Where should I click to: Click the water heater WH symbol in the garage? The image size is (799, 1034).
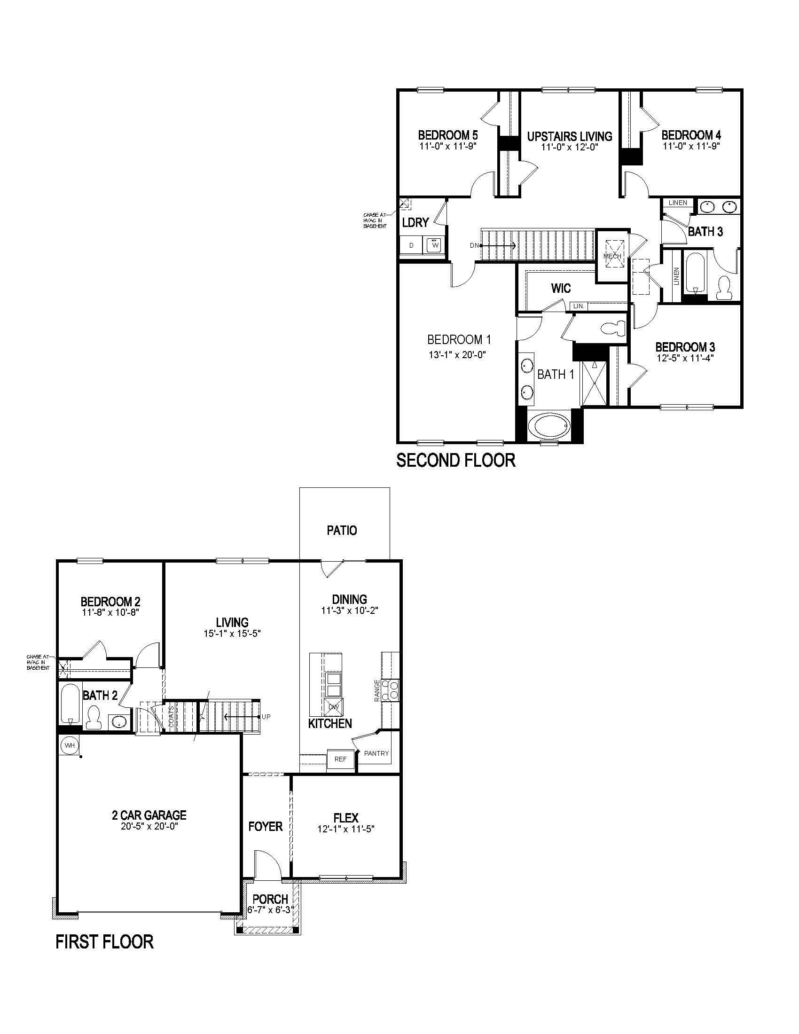[x=70, y=746]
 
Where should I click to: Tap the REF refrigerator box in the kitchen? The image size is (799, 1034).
[x=340, y=759]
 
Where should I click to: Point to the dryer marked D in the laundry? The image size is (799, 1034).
[x=411, y=245]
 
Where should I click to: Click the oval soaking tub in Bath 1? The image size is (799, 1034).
[x=549, y=427]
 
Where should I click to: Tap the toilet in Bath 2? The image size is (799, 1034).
[x=94, y=716]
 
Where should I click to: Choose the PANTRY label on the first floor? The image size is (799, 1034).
[x=376, y=753]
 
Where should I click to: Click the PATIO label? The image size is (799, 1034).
[x=342, y=530]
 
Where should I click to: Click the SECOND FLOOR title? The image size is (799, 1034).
[x=456, y=460]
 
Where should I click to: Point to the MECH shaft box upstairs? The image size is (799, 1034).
[x=612, y=256]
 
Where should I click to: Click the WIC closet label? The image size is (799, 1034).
[x=560, y=288]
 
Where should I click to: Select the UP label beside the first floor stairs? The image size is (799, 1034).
[x=266, y=717]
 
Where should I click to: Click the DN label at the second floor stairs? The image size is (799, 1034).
[x=474, y=245]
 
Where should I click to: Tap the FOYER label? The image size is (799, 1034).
[x=266, y=826]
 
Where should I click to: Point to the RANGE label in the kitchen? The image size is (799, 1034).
[x=377, y=691]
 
